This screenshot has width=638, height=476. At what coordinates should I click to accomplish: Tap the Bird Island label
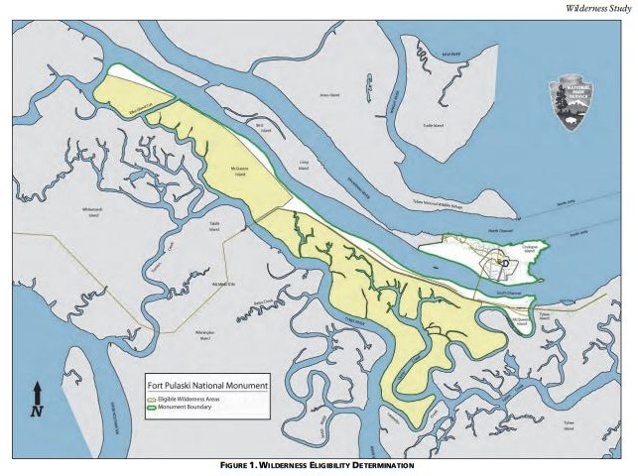pos(261,127)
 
